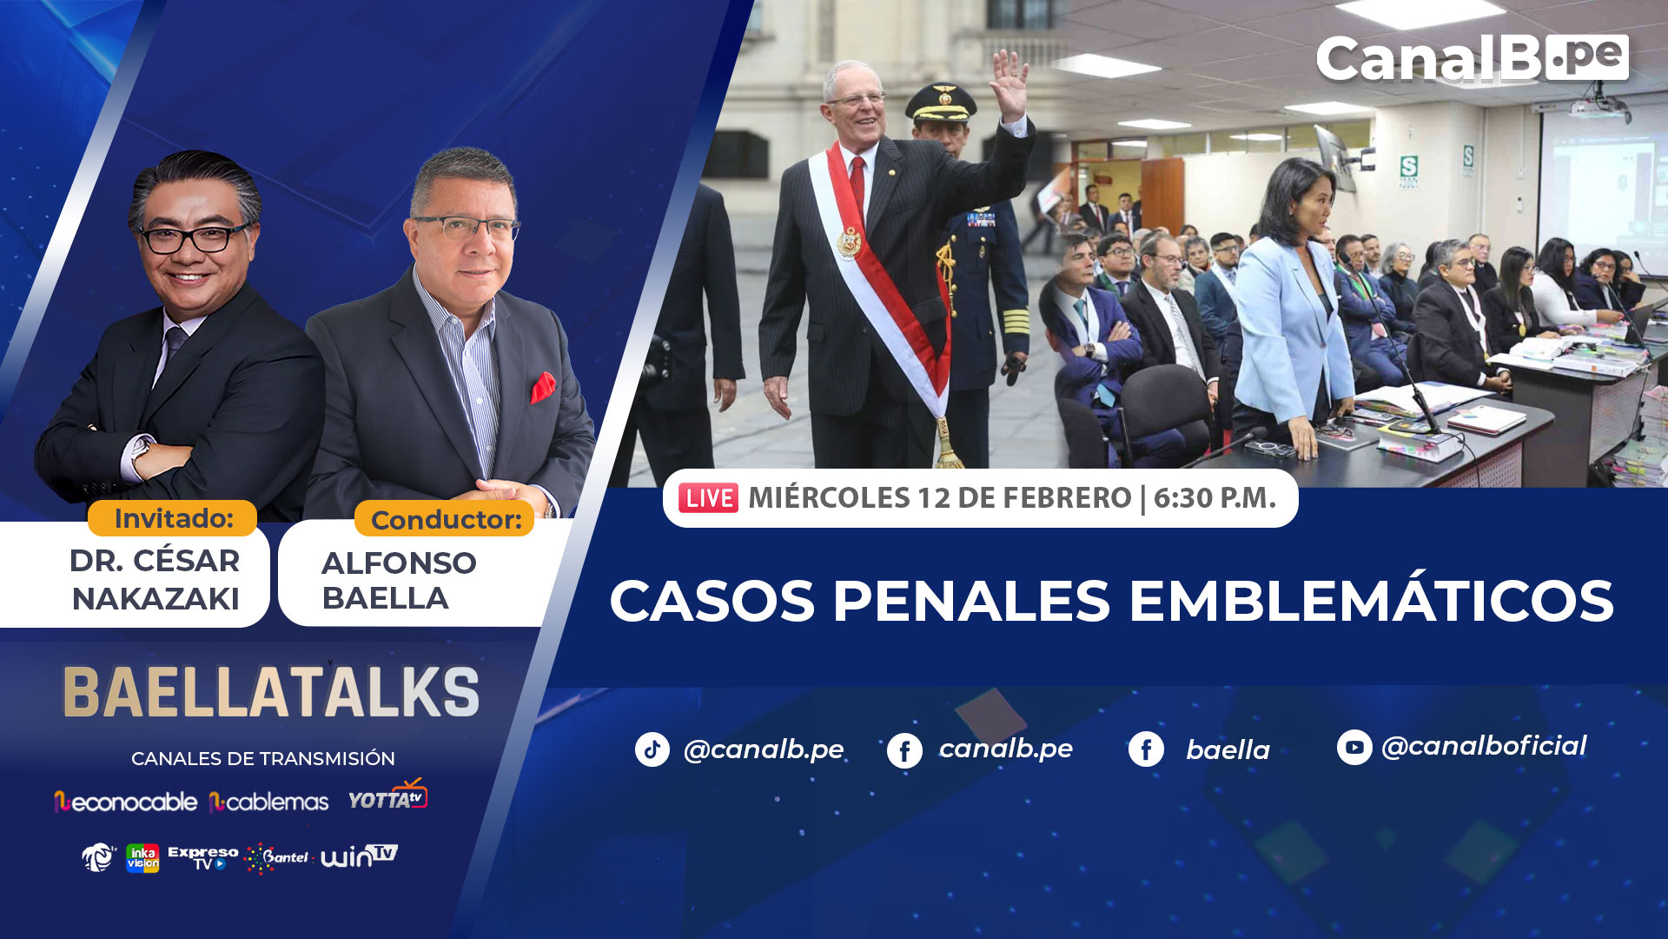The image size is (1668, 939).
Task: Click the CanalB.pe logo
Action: point(1472,58)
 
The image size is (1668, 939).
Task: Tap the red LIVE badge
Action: point(708,498)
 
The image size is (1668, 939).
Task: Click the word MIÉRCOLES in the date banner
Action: point(829,497)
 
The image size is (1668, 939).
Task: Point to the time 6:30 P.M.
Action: point(1215,497)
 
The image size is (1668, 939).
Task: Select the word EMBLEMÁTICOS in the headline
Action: point(1371,601)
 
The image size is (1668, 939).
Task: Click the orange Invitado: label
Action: point(172,518)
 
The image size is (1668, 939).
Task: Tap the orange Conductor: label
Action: point(445,519)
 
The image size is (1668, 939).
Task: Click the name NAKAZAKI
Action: point(156,599)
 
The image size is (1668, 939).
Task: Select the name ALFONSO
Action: point(399,563)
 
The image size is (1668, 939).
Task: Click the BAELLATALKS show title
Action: point(271,693)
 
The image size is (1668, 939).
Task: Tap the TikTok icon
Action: point(652,749)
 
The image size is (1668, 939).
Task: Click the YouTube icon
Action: point(1354,747)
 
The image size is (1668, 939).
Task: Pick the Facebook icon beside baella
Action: point(1146,749)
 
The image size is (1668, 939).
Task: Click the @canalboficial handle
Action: point(1484,746)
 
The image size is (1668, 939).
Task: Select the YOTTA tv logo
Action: point(387,796)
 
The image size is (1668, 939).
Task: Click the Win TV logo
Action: point(359,856)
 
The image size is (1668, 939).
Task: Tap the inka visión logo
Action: point(142,858)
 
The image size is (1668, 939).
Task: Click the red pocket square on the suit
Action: point(543,387)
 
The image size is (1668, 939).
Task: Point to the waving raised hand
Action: point(1010,84)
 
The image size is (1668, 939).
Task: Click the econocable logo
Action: point(125,802)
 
